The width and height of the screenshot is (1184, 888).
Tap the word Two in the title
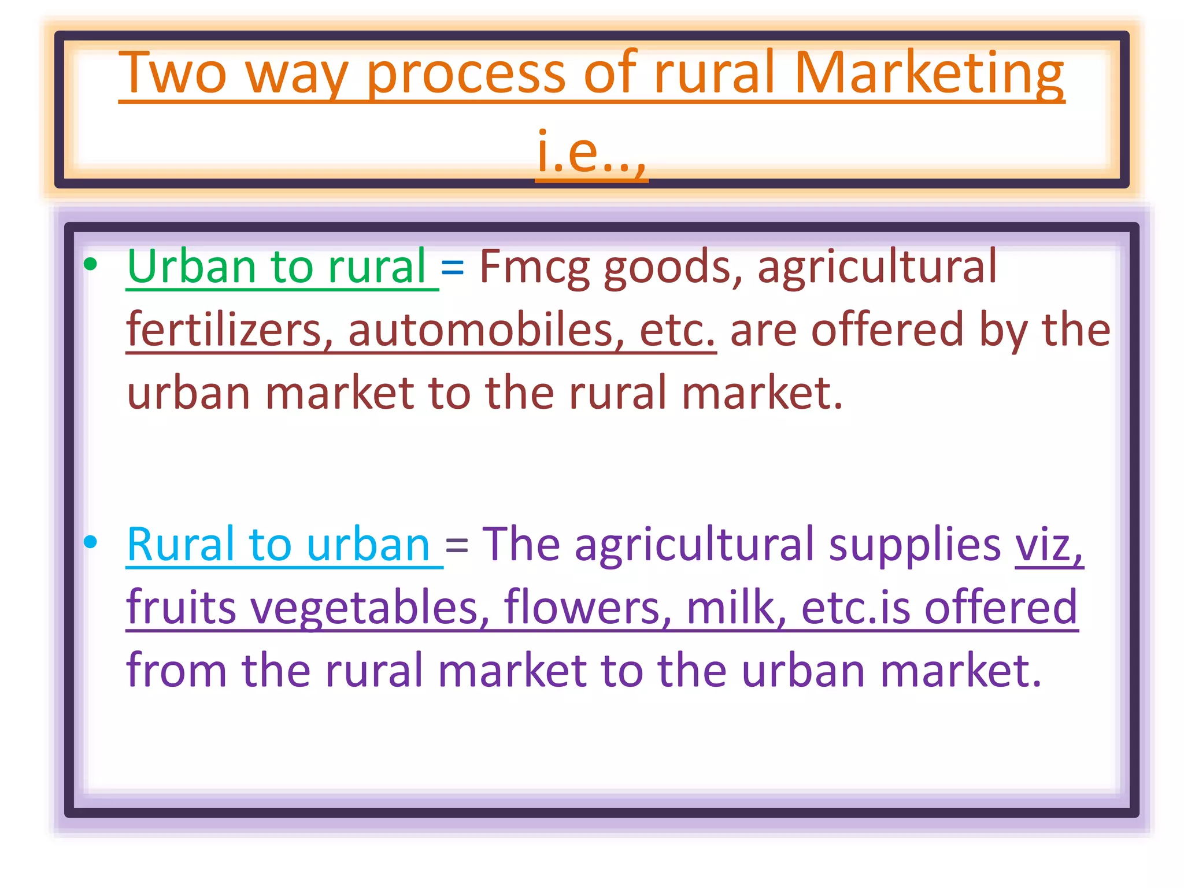click(x=173, y=74)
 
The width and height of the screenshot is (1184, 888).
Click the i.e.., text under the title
click(x=591, y=151)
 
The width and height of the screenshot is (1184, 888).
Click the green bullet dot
click(x=90, y=265)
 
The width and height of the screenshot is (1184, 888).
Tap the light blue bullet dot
click(x=90, y=542)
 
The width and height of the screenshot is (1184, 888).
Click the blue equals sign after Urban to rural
click(x=452, y=267)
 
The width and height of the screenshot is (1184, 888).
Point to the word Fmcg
click(x=534, y=267)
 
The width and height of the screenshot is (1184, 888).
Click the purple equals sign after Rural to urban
click(x=457, y=545)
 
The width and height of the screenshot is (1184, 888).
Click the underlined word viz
click(x=1048, y=545)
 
